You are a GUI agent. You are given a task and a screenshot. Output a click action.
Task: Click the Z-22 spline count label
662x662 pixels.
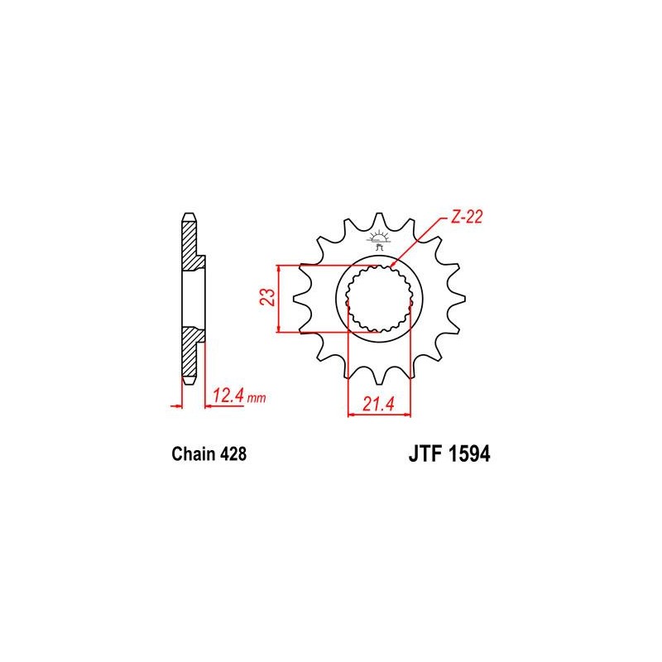click(x=467, y=218)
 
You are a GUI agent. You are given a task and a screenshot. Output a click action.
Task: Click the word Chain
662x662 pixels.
click(x=192, y=454)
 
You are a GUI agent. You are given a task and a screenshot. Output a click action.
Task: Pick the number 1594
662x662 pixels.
click(x=469, y=454)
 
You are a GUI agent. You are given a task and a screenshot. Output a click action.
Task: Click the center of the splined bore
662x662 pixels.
click(x=379, y=299)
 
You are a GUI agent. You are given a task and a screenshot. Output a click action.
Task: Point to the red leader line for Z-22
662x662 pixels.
click(x=422, y=240)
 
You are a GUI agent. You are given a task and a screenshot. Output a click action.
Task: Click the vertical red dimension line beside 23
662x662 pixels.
click(x=281, y=299)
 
